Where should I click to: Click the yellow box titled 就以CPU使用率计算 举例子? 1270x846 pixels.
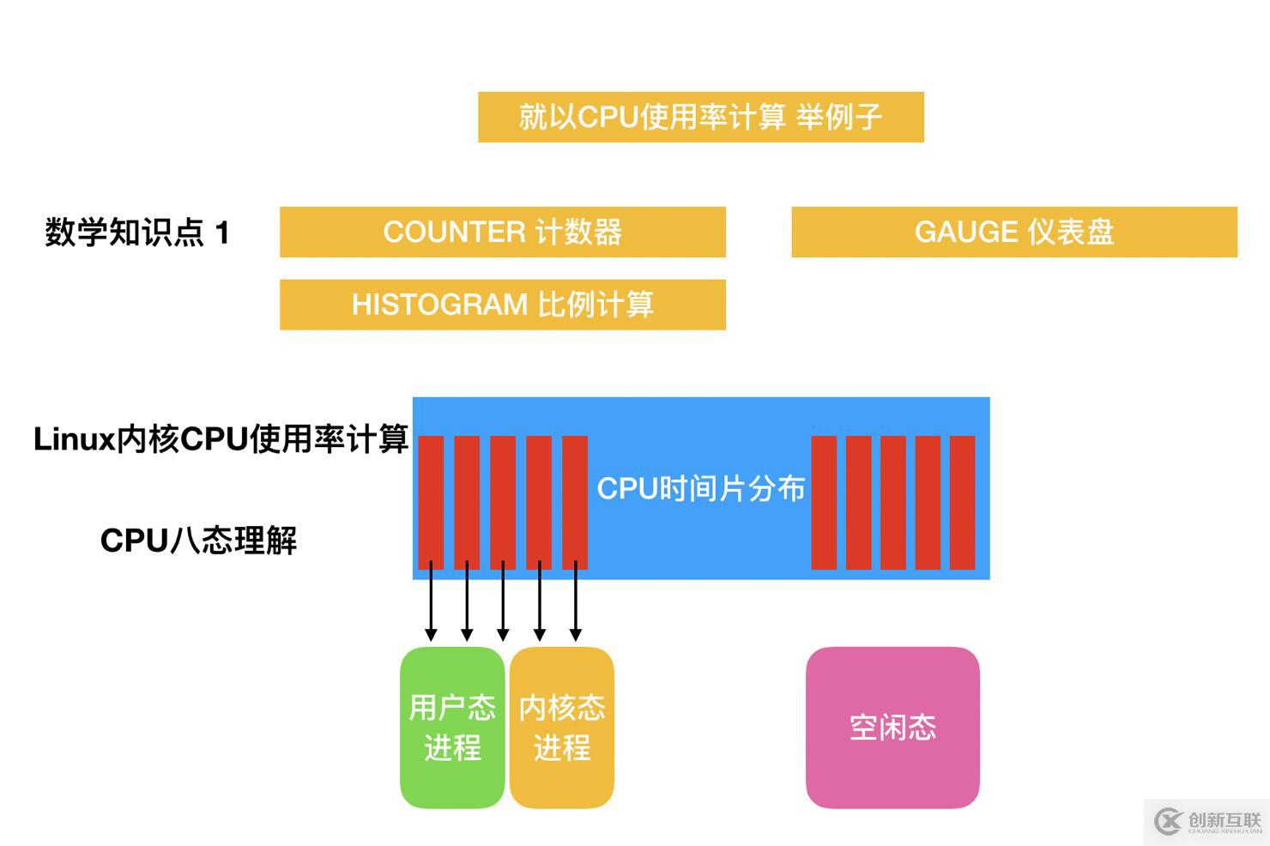coord(700,117)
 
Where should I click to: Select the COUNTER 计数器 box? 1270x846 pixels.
coord(502,232)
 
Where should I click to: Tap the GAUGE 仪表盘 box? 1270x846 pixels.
coord(1013,232)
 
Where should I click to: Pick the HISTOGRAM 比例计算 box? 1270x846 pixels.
coord(502,305)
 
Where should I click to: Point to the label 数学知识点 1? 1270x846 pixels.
coord(137,233)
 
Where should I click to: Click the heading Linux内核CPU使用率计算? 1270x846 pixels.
coord(221,439)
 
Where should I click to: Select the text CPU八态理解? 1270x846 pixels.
coord(198,541)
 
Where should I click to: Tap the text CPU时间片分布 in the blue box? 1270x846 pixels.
coord(700,488)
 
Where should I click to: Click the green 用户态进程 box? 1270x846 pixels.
coord(452,727)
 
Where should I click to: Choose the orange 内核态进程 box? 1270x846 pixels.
coord(562,727)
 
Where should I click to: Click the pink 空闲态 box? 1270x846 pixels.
coord(892,727)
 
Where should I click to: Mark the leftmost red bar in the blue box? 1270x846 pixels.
coord(431,502)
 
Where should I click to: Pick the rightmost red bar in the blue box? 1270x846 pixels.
coord(962,502)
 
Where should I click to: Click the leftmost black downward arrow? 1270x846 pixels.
coord(431,605)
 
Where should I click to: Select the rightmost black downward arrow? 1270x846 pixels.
coord(575,605)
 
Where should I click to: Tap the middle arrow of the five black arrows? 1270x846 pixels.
coord(503,605)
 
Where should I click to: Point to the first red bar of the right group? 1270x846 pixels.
coord(824,502)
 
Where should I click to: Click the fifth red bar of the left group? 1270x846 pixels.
coord(575,502)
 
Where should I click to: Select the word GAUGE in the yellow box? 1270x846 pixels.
coord(965,232)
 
